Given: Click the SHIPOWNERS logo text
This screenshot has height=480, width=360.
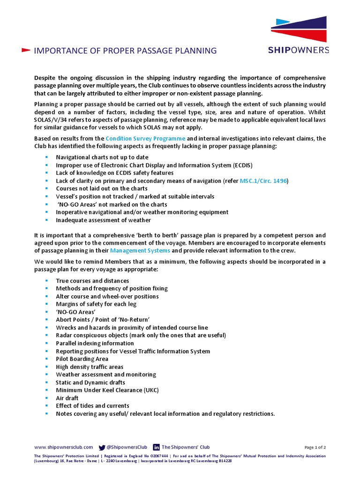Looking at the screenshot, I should pos(299,50).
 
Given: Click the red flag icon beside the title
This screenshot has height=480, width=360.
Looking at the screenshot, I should pos(26,50).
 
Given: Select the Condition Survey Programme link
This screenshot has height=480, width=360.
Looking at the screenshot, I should pos(145,138).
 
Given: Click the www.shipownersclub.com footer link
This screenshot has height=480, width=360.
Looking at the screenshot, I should pos(63,447).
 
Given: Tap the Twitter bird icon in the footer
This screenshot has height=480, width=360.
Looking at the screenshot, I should pos(102,448).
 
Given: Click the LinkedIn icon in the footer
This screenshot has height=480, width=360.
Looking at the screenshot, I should pos(156,448).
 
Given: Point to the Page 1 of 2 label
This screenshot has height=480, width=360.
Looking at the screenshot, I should pos(315,448).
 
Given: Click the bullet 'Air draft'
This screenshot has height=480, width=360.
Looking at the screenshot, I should pos(67,398).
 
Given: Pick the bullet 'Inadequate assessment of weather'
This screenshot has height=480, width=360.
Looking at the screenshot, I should pos(103,220).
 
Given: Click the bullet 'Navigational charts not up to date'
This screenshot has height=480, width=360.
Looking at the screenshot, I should pos(102,157).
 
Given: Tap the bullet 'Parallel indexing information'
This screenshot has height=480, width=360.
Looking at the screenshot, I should pos(95,343).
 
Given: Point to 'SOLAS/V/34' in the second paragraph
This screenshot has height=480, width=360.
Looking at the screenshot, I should pos(51,120).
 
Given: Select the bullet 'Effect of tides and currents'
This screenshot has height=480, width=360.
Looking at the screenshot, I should pos(92,406).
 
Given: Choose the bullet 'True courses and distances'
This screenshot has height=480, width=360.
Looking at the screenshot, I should pos(92,281).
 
